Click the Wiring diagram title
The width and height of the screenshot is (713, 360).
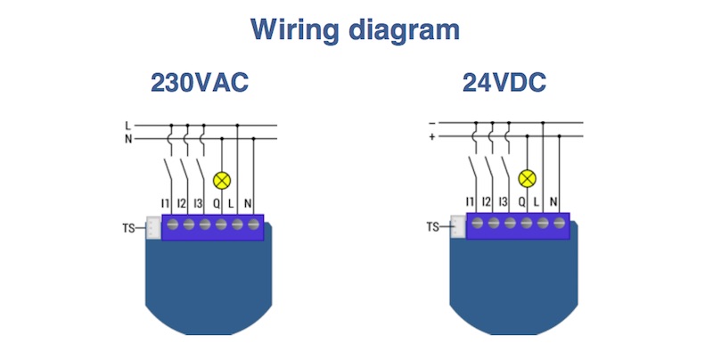[x=355, y=29]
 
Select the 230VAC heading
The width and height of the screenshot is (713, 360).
[x=199, y=84]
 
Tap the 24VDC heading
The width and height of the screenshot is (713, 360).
[x=504, y=84]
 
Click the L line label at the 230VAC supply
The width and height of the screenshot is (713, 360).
[x=128, y=126]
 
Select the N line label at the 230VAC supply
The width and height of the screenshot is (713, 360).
[x=128, y=138]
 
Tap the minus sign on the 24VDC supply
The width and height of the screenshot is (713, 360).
[x=432, y=123]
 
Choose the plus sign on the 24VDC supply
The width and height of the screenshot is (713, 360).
[x=432, y=137]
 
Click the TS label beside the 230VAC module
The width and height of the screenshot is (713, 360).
[x=130, y=228]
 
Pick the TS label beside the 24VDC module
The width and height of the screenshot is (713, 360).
[x=434, y=228]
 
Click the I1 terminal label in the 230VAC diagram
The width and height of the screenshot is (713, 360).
[x=166, y=203]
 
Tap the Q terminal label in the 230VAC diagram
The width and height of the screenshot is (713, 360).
[x=218, y=203]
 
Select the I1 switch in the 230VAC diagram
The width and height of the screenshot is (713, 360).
[x=169, y=168]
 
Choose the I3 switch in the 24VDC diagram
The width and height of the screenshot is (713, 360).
[x=508, y=168]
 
